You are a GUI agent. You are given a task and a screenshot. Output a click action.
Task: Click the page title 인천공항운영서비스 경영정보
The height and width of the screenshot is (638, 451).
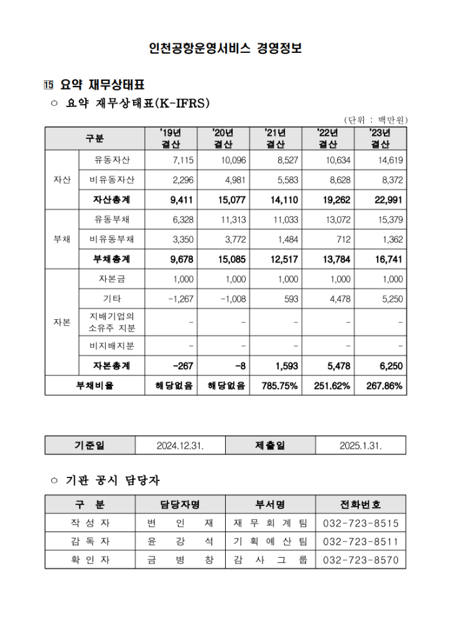(225, 48)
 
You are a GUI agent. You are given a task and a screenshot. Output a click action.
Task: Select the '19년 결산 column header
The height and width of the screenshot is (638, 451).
(170, 138)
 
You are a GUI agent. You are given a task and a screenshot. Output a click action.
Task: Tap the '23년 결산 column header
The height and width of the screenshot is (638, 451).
(379, 138)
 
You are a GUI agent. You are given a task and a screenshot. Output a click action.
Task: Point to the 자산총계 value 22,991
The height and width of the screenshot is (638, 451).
(389, 200)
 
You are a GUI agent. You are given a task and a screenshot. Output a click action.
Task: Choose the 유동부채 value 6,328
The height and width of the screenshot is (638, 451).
(182, 220)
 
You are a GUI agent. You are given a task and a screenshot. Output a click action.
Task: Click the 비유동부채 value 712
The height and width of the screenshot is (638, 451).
(344, 239)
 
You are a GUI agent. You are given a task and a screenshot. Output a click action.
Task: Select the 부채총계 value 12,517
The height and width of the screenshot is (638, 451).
(284, 259)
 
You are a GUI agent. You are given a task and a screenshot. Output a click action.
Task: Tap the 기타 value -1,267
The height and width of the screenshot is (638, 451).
(181, 299)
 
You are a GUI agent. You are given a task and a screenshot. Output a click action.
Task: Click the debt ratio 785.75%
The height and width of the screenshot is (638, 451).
(281, 385)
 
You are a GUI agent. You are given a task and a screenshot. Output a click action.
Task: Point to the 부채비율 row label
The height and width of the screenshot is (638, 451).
(94, 385)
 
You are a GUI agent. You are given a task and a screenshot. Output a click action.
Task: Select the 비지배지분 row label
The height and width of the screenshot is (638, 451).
(112, 345)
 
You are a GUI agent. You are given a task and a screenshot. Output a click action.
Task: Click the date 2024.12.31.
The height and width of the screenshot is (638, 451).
(180, 446)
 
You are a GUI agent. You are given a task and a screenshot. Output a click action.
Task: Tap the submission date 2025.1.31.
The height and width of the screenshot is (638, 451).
(361, 446)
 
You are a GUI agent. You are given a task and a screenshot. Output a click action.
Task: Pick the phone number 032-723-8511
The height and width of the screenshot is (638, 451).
(361, 542)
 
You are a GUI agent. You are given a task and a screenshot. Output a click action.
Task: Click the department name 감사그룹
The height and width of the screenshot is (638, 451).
(270, 560)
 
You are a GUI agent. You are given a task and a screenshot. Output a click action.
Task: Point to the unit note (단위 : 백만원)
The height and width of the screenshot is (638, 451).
(376, 120)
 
